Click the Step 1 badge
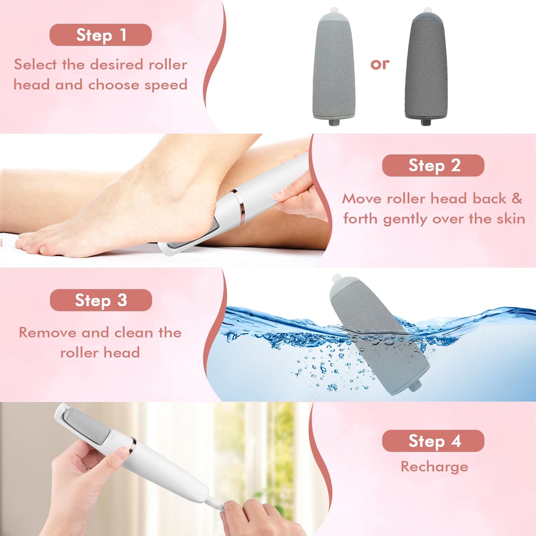point(101,35)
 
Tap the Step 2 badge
point(433,165)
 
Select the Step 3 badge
point(101,300)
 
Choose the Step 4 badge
point(433,441)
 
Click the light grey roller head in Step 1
point(334,67)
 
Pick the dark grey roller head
point(426,67)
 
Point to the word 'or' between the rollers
point(379,64)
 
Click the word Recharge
point(434,467)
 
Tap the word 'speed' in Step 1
point(166,85)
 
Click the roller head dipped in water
point(378,334)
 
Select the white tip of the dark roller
point(427,10)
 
